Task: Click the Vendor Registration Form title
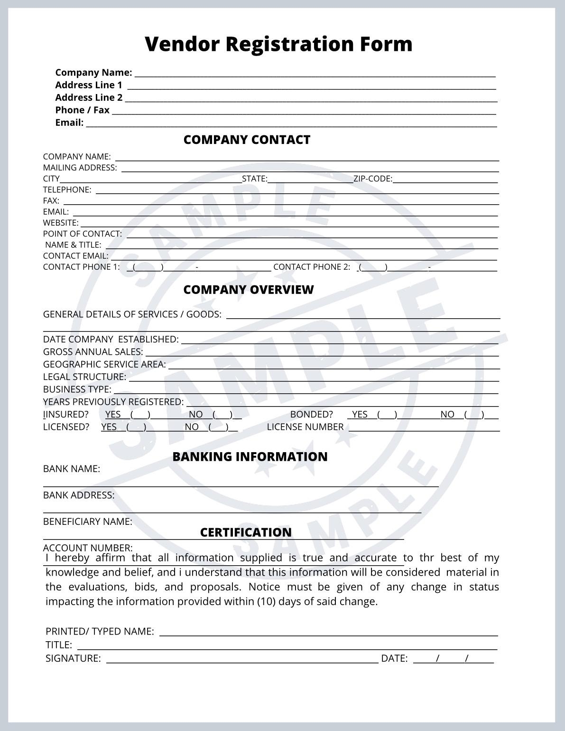coord(278,44)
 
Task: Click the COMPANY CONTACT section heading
coord(247,140)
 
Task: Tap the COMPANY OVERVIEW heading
coord(248,290)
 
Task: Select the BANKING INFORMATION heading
coord(250,456)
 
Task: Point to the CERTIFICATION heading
coord(246,532)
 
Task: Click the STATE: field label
coord(255,179)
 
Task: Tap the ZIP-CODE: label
coord(373,179)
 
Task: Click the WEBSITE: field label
coord(61,223)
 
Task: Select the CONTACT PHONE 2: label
coord(312,267)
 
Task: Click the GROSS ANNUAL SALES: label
coord(93,352)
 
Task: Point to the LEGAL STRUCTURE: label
coord(84,377)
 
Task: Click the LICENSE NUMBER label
coord(305,427)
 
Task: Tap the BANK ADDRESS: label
coord(79,495)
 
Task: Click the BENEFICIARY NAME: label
coord(88,522)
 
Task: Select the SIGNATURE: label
coord(73,658)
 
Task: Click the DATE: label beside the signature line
coord(394,658)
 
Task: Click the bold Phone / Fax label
coord(82,110)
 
